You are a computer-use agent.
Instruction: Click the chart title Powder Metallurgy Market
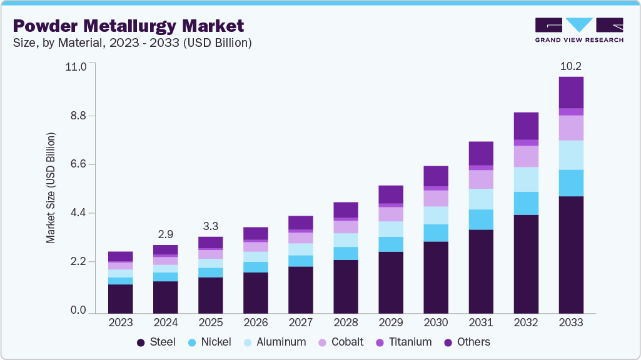tap(128, 26)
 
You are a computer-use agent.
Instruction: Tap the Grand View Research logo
tap(579, 30)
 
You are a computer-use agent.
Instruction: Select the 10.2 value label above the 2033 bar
tap(571, 66)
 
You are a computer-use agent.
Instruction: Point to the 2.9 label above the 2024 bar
tap(166, 234)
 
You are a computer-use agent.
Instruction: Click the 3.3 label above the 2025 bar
tap(211, 226)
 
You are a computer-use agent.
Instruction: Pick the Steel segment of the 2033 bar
tap(571, 254)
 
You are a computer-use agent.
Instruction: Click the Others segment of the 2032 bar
tap(526, 126)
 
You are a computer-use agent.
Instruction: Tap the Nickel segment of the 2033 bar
tap(571, 182)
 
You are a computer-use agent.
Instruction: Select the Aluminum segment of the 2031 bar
tap(481, 199)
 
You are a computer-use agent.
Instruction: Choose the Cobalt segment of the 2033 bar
tap(571, 127)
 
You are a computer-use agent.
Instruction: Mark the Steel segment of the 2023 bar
tap(121, 299)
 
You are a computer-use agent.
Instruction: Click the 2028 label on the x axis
tap(346, 322)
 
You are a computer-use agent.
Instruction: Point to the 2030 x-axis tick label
tap(436, 322)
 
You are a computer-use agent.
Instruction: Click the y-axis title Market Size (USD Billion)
tap(51, 187)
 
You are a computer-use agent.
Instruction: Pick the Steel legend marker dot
tap(141, 342)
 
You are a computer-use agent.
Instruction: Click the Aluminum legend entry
tap(276, 342)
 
